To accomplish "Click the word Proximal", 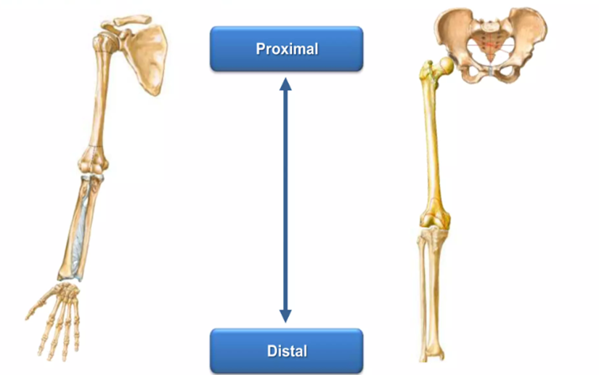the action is pyautogui.click(x=287, y=49).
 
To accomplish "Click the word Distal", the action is pyautogui.click(x=287, y=351).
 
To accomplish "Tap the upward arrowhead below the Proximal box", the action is pyautogui.click(x=285, y=84).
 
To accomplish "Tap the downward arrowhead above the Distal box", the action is pyautogui.click(x=285, y=316).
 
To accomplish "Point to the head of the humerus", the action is pyautogui.click(x=105, y=42).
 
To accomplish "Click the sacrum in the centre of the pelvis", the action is pyautogui.click(x=490, y=44).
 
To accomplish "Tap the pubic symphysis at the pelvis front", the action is pyautogui.click(x=491, y=70).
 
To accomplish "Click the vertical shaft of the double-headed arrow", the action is pyautogui.click(x=285, y=201).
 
